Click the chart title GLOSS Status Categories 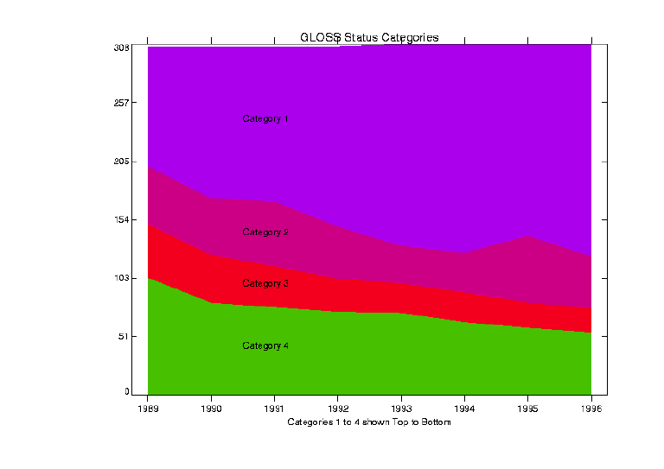369,37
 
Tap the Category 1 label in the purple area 265,119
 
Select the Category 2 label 265,232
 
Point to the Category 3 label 265,283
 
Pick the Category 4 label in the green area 265,345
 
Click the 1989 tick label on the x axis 148,409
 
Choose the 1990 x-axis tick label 211,409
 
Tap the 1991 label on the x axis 274,409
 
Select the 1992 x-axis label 338,409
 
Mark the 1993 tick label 401,409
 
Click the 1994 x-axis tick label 464,409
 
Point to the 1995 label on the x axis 528,409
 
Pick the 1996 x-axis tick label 591,409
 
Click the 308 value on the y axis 121,48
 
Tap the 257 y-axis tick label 121,103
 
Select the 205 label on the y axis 121,162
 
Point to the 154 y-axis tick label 121,219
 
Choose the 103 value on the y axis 121,278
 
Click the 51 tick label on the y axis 124,336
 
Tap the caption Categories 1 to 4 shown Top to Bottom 369,423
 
